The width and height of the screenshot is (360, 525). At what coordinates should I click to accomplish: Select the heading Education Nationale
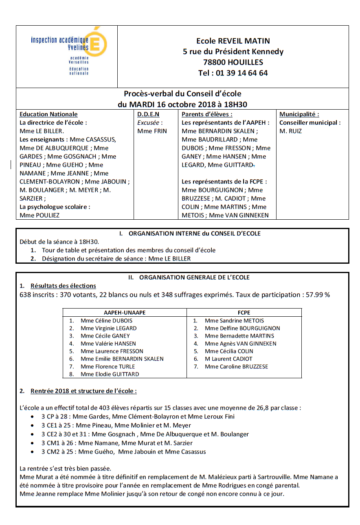[48, 115]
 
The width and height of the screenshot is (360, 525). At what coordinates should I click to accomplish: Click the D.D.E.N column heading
[148, 115]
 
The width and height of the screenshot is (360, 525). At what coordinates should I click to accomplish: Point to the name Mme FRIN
[152, 131]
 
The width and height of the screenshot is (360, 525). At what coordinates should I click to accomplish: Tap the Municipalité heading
[299, 115]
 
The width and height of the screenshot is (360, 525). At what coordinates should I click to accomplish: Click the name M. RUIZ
[291, 131]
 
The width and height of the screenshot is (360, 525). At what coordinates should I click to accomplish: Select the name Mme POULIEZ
[40, 215]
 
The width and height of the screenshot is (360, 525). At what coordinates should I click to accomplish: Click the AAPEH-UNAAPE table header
[125, 313]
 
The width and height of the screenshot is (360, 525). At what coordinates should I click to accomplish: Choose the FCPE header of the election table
[244, 313]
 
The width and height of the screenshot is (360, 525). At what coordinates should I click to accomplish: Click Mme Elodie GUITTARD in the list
[110, 374]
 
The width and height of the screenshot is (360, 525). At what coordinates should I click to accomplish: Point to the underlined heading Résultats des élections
[63, 286]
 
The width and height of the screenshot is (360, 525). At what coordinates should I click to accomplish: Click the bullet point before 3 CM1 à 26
[33, 443]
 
